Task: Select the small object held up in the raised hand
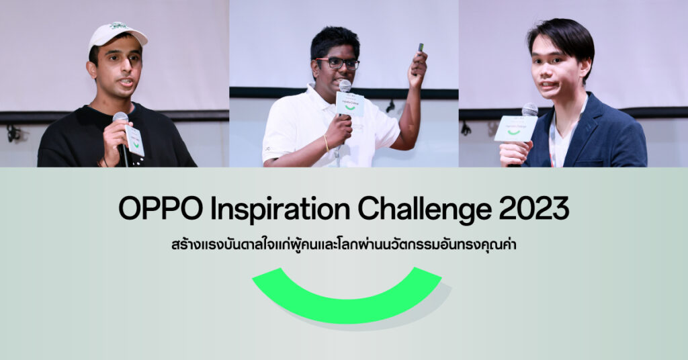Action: point(421,47)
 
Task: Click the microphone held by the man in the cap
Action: point(121,121)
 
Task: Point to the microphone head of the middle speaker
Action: point(345,85)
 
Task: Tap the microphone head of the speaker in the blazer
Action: point(529,109)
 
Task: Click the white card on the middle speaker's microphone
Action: point(350,104)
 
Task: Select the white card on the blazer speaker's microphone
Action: point(515,128)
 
